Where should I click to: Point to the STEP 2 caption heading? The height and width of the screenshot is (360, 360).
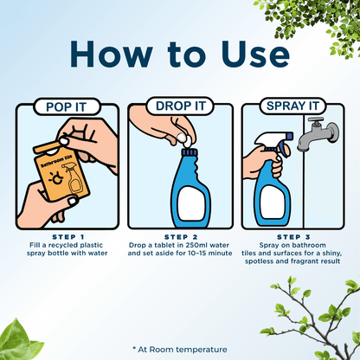pyautogui.click(x=180, y=235)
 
